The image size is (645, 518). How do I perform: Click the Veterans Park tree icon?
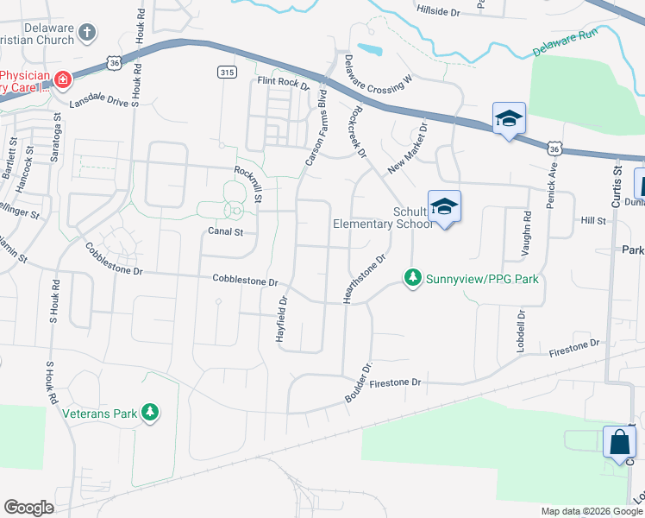(151, 413)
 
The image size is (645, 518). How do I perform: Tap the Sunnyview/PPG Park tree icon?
(414, 278)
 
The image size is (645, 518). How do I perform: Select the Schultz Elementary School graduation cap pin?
(444, 207)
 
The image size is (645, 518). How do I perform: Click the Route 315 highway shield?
(227, 73)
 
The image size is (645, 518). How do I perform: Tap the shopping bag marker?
(620, 443)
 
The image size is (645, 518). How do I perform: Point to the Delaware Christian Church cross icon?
(85, 34)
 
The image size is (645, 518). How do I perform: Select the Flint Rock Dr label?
(283, 84)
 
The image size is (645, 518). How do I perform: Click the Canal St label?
(226, 231)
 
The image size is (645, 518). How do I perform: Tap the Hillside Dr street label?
(438, 11)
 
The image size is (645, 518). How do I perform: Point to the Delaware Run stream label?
(565, 45)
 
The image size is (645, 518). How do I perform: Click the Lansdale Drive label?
(98, 102)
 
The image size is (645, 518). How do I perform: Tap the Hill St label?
(593, 221)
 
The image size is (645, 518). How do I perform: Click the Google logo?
(28, 508)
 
